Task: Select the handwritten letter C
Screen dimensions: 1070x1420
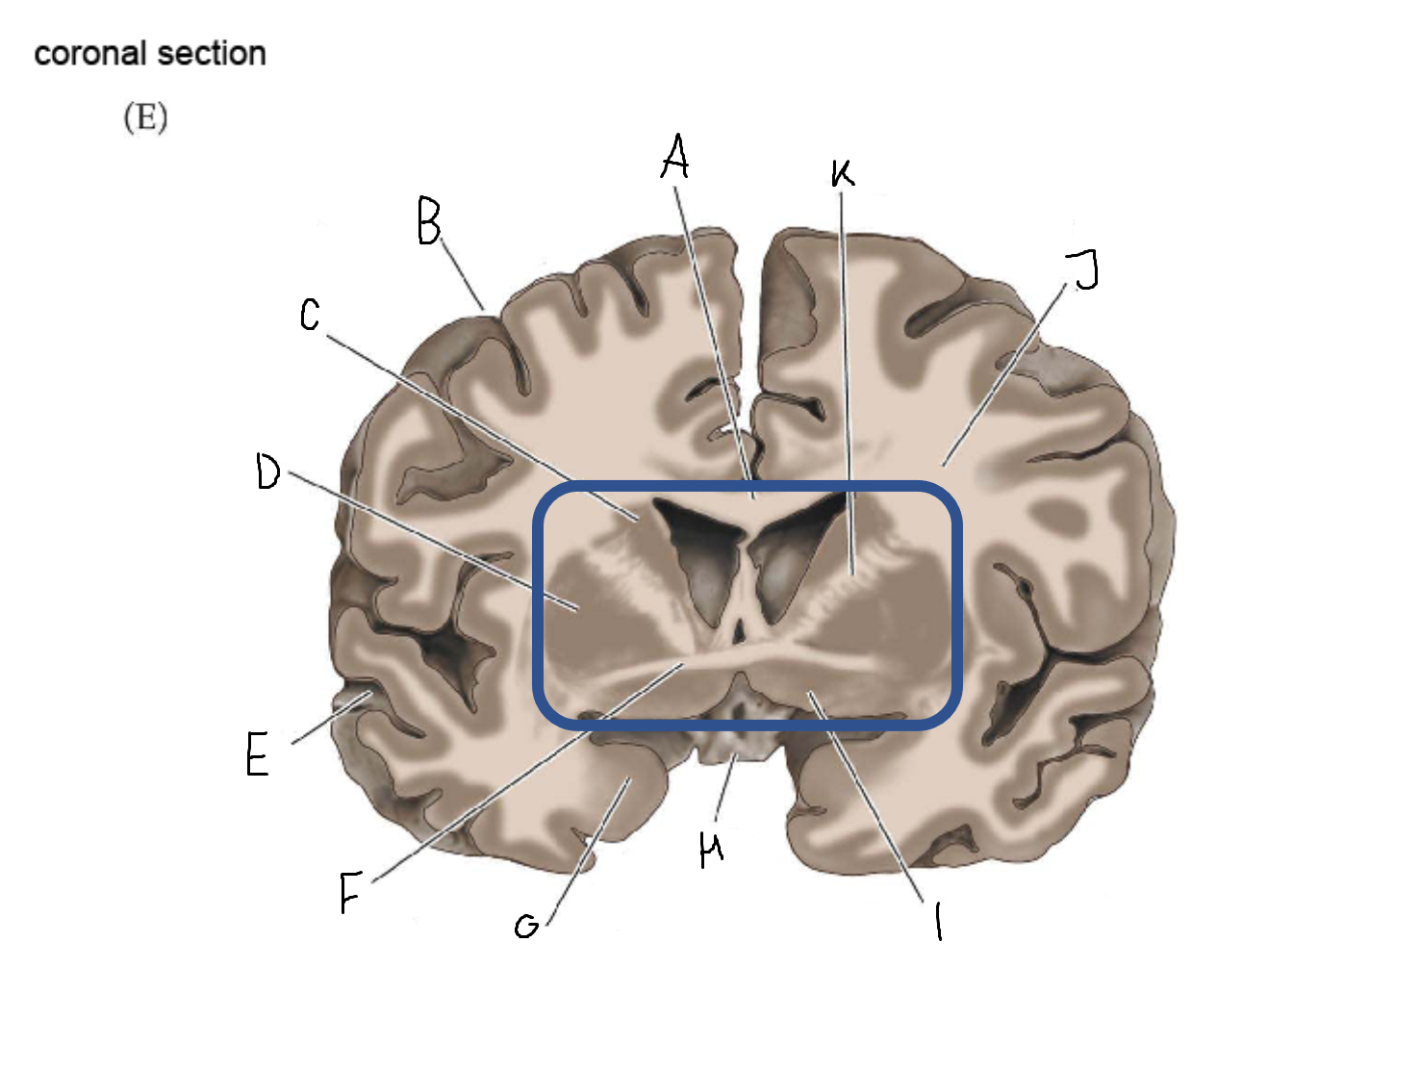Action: tap(310, 315)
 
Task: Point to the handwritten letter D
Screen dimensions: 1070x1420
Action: tap(267, 471)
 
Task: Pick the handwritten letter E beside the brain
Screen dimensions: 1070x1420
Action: tap(257, 753)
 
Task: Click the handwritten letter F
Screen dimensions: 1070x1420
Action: tap(351, 892)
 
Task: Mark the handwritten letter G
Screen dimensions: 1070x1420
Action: tap(526, 927)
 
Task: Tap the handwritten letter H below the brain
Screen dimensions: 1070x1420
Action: tap(711, 849)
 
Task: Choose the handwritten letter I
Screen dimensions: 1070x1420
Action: tap(938, 921)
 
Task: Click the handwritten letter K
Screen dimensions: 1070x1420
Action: tap(842, 173)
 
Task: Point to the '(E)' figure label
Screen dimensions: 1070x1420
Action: tap(145, 117)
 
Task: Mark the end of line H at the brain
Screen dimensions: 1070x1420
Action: tap(734, 755)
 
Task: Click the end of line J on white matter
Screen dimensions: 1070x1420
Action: tap(944, 465)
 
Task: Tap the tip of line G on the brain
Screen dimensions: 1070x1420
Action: tap(628, 778)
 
